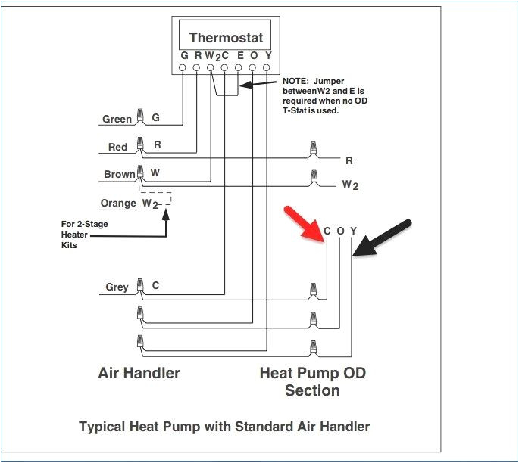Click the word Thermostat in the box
coord(226,38)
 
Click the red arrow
coord(303,225)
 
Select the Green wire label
coord(117,120)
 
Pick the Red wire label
coord(117,147)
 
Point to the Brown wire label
coord(119,175)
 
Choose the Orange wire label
coord(117,204)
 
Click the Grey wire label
coord(117,287)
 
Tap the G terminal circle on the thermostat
coord(183,68)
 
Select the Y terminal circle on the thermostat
coord(267,68)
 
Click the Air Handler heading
coord(139,373)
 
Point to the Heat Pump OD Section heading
coord(311,381)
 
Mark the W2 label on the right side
coord(349,184)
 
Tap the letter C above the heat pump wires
coord(327,231)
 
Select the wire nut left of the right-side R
coord(311,150)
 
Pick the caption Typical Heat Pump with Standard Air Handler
coord(224,427)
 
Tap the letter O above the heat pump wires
coord(340,231)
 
